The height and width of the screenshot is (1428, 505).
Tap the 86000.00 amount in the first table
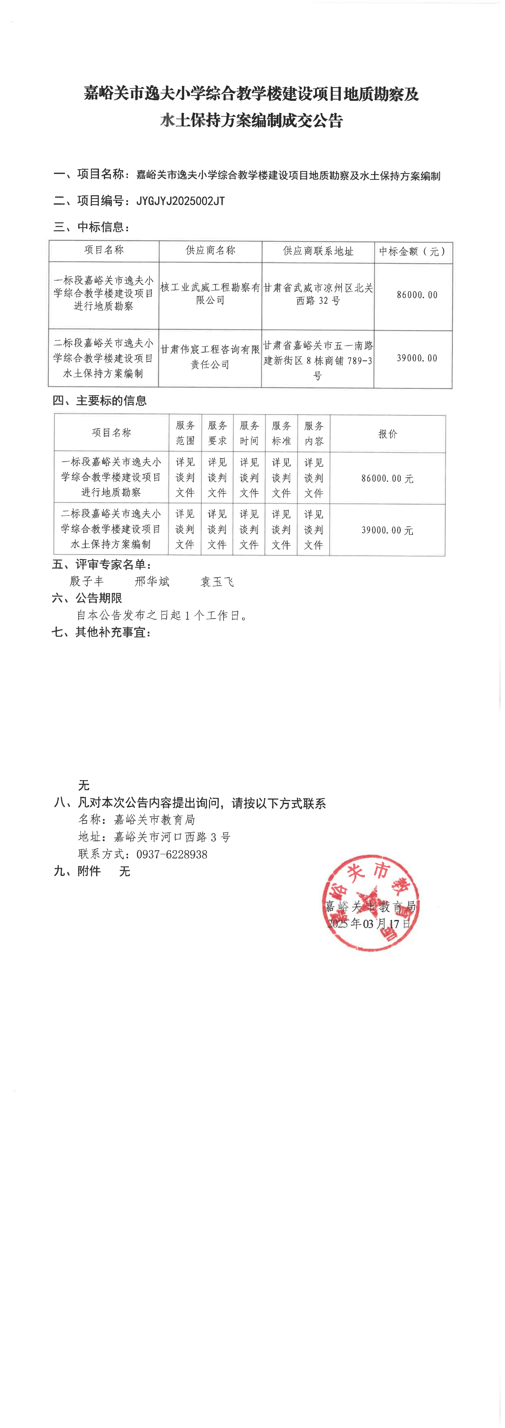coord(417,295)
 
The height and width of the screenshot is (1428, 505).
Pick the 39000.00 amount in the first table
coord(417,358)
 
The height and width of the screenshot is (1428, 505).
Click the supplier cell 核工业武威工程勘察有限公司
coord(210,294)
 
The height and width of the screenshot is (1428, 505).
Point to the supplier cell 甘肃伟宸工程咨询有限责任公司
coord(210,357)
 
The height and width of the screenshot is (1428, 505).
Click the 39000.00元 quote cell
coord(388,530)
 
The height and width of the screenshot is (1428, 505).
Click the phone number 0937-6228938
coord(172,854)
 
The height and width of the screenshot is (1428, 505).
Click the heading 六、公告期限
coord(87,598)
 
